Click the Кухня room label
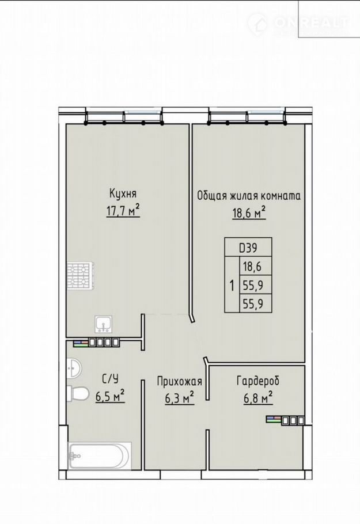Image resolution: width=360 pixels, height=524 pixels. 123,193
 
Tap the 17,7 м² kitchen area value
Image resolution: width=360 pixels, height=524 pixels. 123,211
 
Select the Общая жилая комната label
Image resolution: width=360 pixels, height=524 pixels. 249,196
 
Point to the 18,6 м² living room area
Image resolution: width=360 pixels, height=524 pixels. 249,212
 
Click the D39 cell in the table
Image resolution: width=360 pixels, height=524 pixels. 248,248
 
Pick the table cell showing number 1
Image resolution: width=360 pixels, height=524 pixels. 232,286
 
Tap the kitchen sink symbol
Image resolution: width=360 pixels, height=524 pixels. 104,324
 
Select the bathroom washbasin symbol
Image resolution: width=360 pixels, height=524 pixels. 74,369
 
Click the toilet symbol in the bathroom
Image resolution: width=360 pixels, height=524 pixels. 77,393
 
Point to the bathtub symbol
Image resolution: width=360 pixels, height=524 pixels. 99,455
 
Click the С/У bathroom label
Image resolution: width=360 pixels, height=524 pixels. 111,379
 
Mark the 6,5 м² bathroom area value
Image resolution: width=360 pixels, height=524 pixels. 110,396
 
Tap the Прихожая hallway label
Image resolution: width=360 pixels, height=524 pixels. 180,381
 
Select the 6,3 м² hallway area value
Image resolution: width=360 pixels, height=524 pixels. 180,398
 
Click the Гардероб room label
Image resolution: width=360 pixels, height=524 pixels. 257,381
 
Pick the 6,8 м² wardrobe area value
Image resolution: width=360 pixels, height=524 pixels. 257,398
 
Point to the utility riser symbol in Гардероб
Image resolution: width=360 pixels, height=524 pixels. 286,420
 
